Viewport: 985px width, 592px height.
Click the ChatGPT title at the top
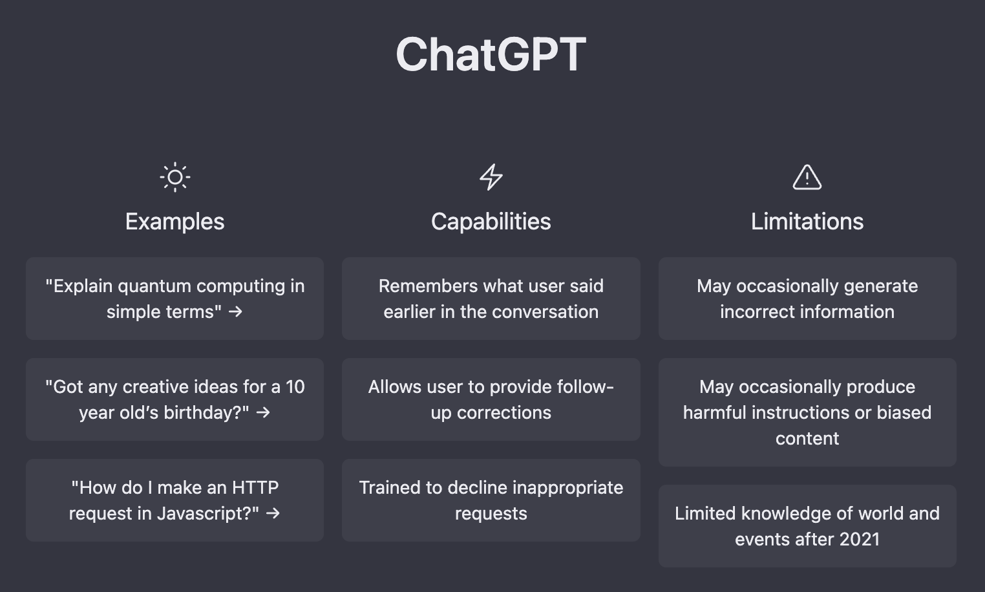point(491,54)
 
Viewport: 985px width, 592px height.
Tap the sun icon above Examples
point(175,177)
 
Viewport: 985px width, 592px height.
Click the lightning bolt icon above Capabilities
point(491,177)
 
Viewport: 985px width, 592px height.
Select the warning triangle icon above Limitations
point(807,177)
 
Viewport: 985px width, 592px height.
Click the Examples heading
point(175,221)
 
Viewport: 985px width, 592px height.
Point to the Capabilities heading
point(491,221)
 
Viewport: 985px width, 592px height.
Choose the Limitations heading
point(807,221)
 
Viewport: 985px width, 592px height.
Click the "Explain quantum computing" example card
point(175,299)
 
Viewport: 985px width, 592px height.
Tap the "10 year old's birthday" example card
point(175,399)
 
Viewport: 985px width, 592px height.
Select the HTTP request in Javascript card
point(175,500)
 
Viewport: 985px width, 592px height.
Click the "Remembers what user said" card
point(491,299)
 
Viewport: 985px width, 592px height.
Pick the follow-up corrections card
point(491,399)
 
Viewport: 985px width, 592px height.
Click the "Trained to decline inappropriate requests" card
point(491,500)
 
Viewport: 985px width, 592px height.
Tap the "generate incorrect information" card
point(807,299)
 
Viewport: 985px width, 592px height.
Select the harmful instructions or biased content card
point(807,412)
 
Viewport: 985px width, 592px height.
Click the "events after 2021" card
point(807,526)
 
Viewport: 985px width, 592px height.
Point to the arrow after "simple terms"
point(236,312)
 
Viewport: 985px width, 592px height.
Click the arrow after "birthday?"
point(264,412)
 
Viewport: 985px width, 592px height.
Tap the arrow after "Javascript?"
point(273,513)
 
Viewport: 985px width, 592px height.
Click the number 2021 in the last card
point(859,539)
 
